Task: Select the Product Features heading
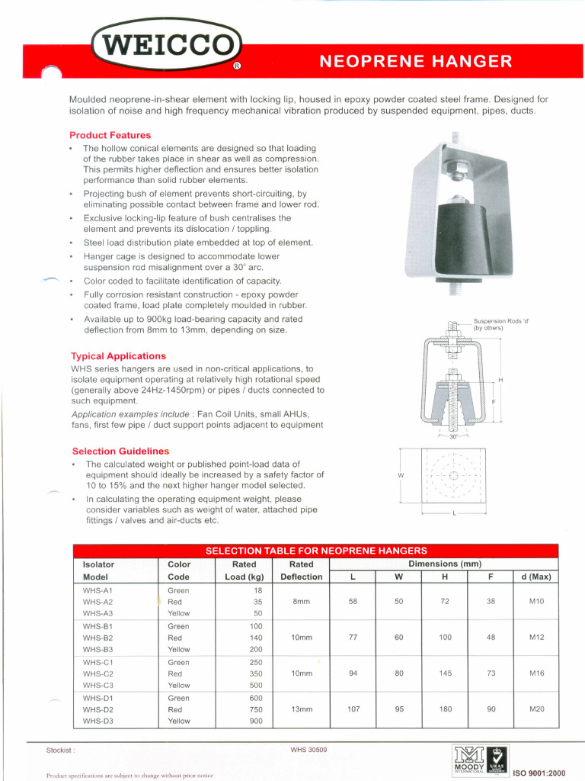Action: coord(110,135)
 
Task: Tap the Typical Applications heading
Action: coord(118,356)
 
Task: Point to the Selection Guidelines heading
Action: coord(120,452)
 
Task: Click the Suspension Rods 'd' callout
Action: coord(500,324)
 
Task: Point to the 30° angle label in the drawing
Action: coord(454,437)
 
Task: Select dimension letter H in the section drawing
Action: coord(500,380)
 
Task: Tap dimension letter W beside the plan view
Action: coord(401,476)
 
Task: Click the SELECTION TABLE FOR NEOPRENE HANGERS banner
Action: coord(316,551)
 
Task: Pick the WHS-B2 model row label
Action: coord(97,638)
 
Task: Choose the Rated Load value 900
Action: coord(256,721)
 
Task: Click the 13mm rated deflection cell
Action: coord(302,709)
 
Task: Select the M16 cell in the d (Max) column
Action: coord(536,673)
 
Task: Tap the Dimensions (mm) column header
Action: coord(445,564)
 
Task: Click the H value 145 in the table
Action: coord(446,673)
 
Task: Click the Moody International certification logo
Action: coord(468,760)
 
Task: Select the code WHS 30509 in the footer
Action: coord(308,750)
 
